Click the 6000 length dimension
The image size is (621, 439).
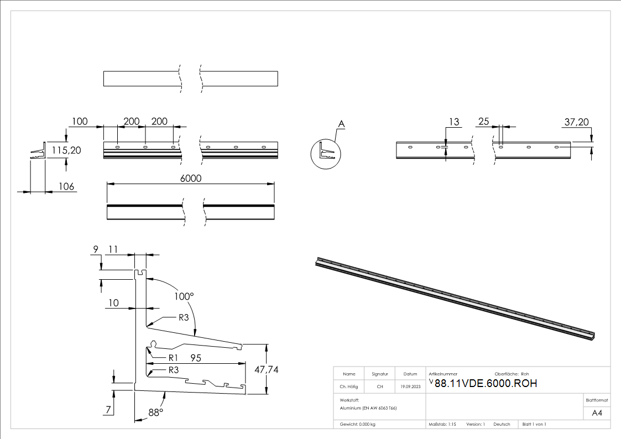click(191, 179)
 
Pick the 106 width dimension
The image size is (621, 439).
click(66, 186)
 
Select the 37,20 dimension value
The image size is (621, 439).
click(577, 122)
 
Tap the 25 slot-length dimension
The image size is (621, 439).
click(484, 122)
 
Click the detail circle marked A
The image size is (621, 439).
click(324, 153)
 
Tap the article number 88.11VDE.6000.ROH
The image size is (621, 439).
click(486, 384)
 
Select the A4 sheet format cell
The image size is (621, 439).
click(597, 413)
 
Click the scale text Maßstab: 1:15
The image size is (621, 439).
click(442, 424)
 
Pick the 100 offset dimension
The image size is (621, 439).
click(80, 121)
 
